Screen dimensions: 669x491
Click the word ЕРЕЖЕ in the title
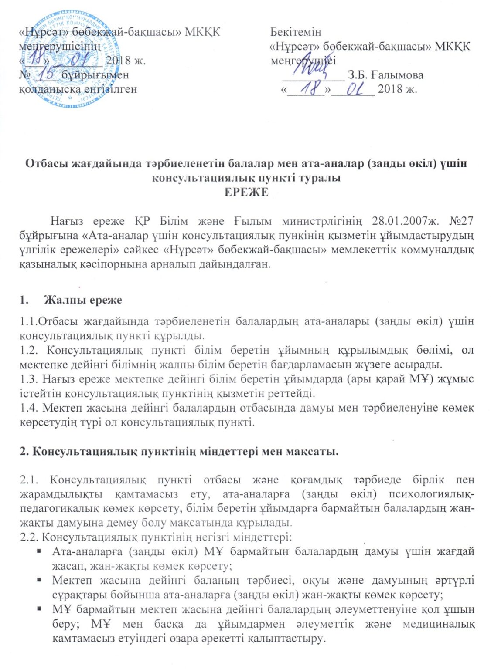(246, 192)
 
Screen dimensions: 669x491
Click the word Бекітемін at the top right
(295, 32)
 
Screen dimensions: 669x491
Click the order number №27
(460, 221)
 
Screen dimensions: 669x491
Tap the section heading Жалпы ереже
(83, 300)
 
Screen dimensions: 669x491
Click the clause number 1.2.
(28, 351)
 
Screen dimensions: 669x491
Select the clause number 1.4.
(28, 409)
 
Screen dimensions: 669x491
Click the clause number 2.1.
(29, 480)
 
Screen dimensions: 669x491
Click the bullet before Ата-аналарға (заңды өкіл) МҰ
(39, 551)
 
